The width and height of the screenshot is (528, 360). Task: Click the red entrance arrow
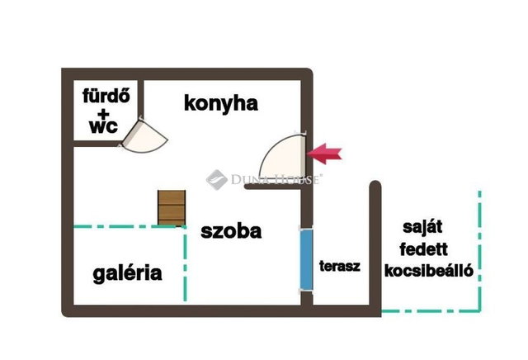324,154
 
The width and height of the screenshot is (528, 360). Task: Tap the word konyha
221,103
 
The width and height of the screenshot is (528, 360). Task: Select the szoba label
231,231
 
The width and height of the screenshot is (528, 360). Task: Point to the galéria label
127,273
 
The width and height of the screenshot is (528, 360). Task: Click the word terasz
340,266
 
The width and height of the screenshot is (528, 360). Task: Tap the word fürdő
106,96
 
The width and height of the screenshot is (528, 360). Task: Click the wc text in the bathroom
103,126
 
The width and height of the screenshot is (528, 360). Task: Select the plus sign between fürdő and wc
105,114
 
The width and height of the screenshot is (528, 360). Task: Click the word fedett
423,249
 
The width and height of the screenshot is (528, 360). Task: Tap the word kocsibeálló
429,271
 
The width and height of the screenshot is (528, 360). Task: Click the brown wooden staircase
172,208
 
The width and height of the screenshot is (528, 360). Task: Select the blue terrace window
306,259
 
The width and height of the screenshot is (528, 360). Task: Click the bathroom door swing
144,136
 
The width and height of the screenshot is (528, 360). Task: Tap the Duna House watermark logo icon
216,180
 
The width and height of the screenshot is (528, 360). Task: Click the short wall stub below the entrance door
273,187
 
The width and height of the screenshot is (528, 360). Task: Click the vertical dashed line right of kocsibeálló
479,251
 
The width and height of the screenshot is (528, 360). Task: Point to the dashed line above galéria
130,226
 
